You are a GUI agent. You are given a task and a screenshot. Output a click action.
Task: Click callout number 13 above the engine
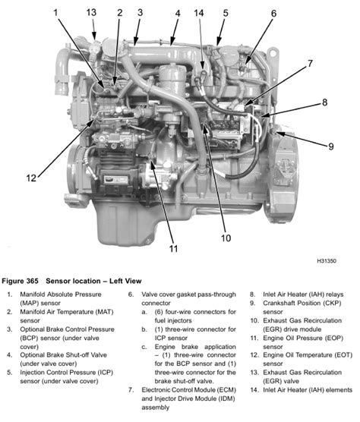tap(91, 13)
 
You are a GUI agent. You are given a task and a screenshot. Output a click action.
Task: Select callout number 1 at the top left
tap(55, 13)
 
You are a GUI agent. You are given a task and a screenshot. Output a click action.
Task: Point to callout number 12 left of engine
tap(32, 178)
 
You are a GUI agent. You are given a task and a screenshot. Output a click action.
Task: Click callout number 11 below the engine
tap(173, 247)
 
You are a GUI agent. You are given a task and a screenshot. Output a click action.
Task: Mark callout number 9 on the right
tap(331, 146)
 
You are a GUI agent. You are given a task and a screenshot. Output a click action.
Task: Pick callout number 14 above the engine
tap(199, 13)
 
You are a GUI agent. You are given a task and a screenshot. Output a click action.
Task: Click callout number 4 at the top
tap(177, 13)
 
